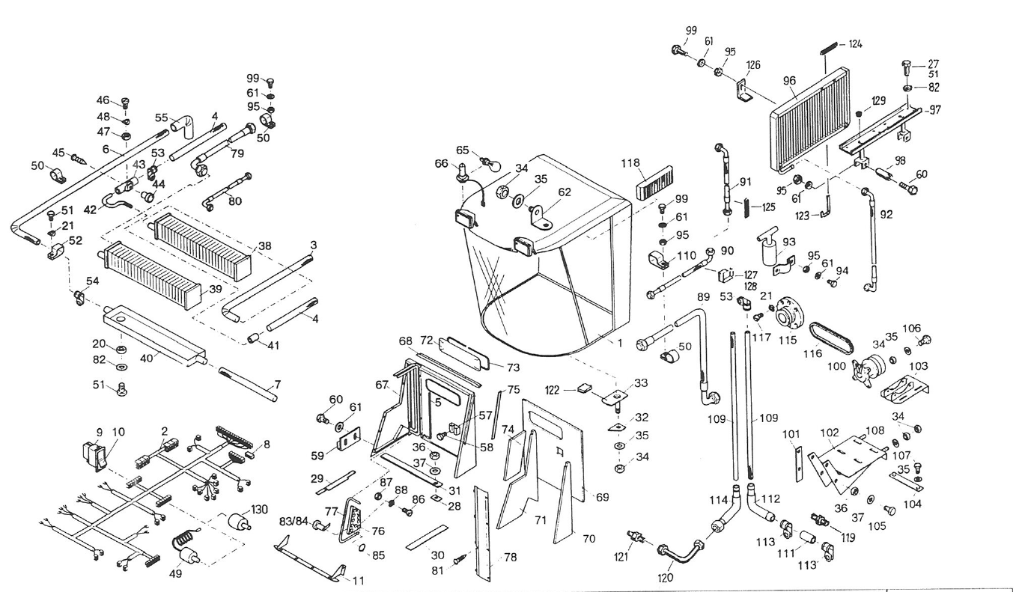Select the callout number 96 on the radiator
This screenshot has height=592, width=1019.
[788, 81]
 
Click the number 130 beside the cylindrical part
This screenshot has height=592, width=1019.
[259, 510]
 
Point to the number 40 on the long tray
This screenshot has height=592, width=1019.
[146, 358]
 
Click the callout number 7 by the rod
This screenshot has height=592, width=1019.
[277, 385]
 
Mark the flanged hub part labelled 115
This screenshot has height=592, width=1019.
[789, 314]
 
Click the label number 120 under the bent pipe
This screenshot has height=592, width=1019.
[665, 577]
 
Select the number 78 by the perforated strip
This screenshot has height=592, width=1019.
[510, 557]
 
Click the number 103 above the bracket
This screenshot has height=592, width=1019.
[918, 366]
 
